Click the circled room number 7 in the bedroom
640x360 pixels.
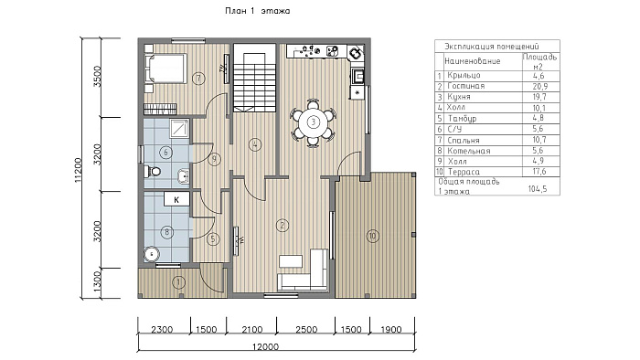[198, 78]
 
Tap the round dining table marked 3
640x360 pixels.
[313, 122]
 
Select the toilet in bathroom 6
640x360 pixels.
[153, 171]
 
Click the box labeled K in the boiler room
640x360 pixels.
[176, 200]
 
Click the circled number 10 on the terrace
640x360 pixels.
[372, 236]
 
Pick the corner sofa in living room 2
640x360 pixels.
[303, 270]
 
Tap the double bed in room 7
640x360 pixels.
[165, 69]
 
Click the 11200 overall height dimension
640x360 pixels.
[79, 170]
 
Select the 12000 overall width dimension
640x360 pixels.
[265, 347]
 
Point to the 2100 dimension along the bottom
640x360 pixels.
[251, 330]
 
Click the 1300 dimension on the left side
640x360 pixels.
[97, 281]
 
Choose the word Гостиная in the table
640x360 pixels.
[465, 86]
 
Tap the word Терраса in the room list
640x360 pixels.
[464, 172]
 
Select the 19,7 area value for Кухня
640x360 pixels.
[539, 97]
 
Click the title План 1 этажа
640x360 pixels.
[258, 11]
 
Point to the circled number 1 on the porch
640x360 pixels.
[179, 281]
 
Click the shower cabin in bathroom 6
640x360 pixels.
[179, 129]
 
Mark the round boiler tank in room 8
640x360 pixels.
[152, 254]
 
